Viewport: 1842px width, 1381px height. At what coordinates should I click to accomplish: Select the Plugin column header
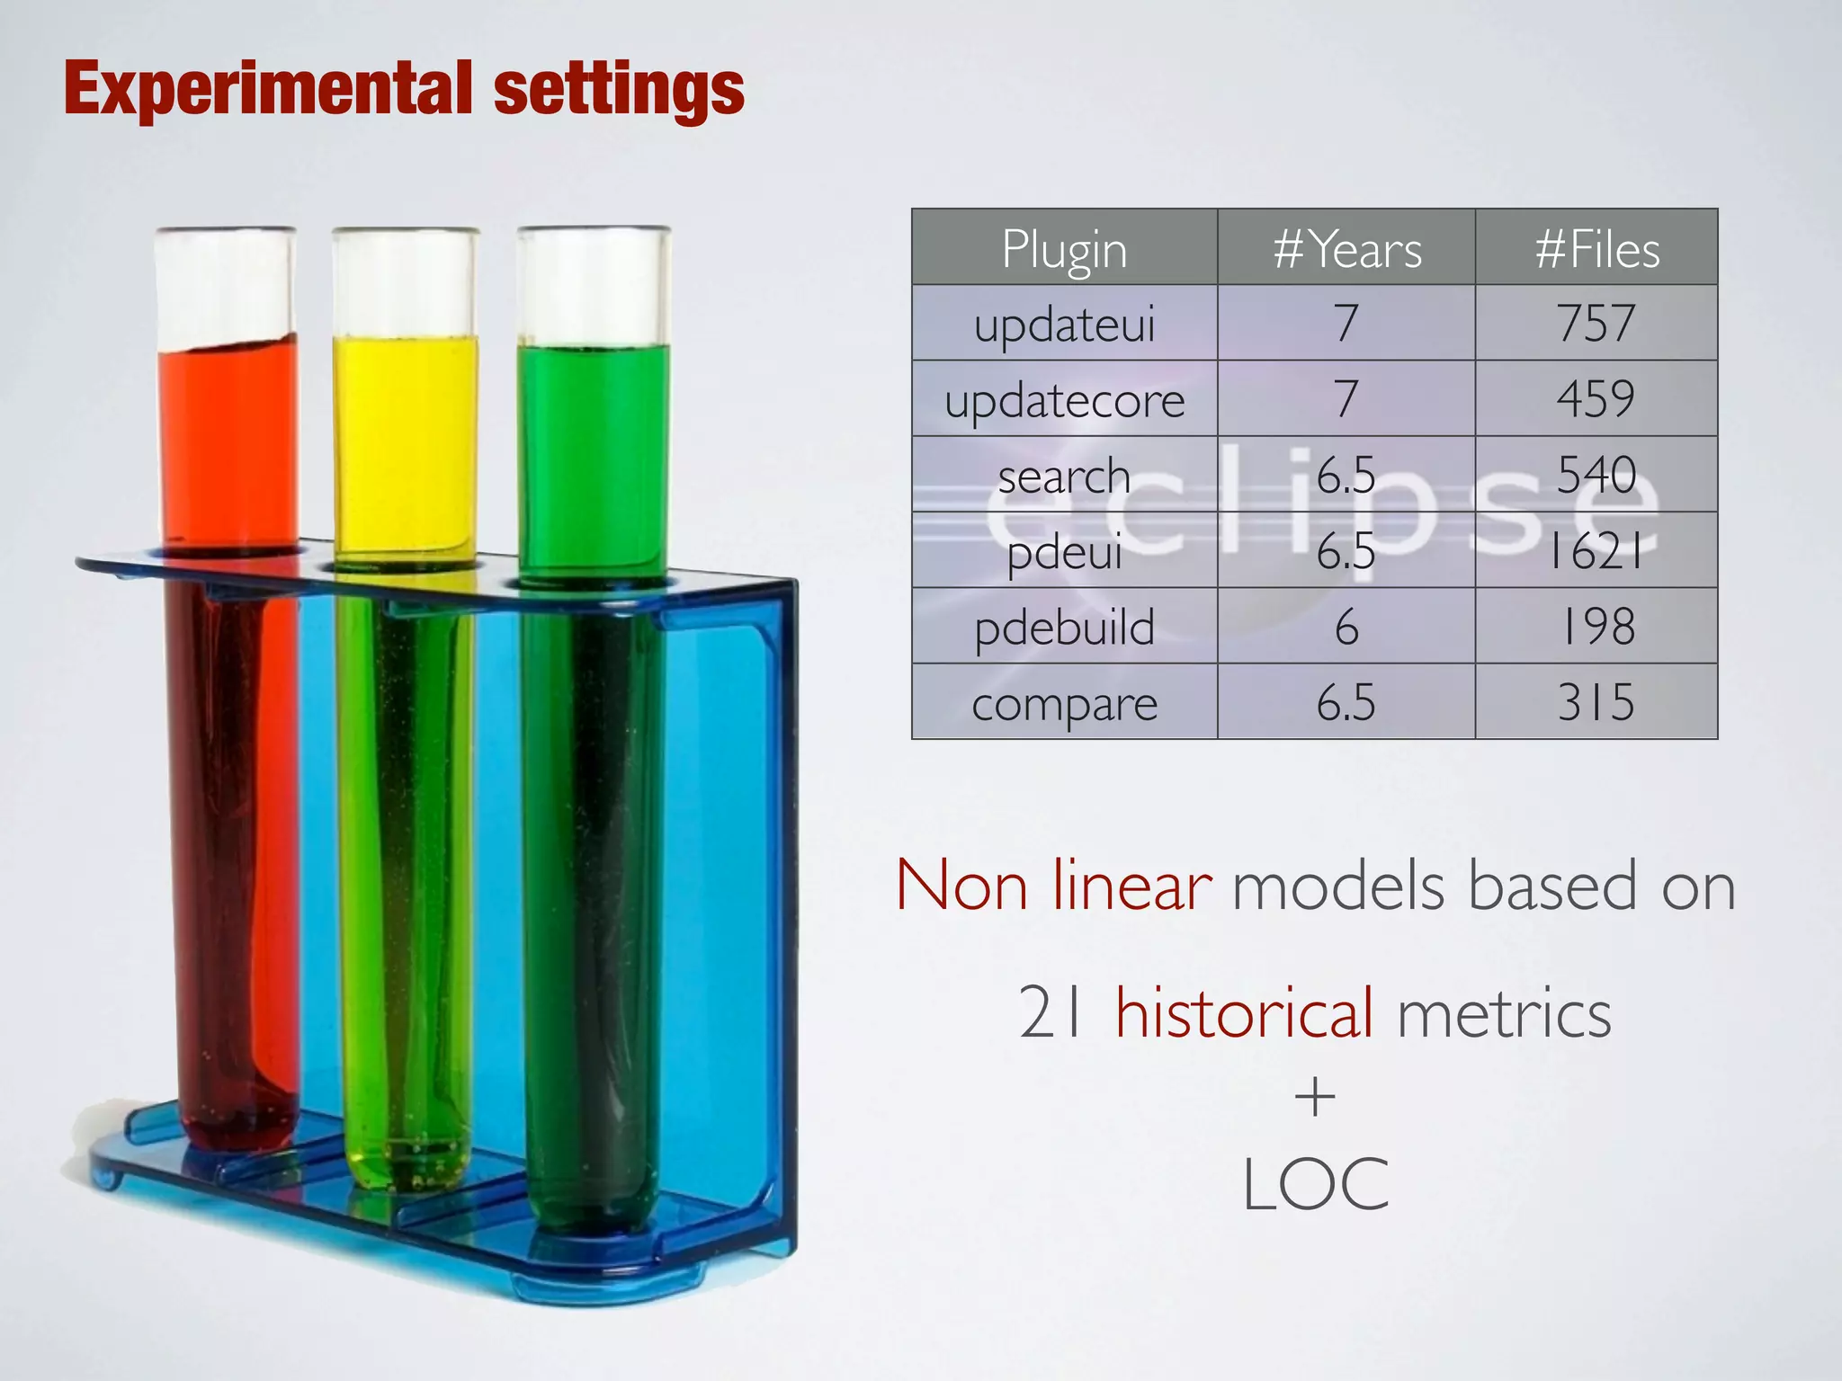coord(1064,249)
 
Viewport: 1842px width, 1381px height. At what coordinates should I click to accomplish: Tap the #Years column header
coord(1346,249)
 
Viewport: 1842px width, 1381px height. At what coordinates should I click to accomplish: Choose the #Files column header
coord(1596,249)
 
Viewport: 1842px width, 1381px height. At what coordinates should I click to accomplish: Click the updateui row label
coord(1064,325)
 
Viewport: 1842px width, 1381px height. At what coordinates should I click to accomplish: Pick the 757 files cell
coord(1596,324)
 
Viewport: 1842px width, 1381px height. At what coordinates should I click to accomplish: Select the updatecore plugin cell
coord(1064,400)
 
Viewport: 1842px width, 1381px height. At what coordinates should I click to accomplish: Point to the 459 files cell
coord(1596,399)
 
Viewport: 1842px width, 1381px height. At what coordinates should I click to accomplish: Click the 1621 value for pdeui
coord(1596,551)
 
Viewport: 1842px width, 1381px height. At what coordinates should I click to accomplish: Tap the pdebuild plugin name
coord(1064,627)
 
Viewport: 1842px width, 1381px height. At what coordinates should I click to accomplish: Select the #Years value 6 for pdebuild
coord(1346,627)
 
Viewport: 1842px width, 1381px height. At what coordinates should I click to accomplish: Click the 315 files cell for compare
coord(1596,702)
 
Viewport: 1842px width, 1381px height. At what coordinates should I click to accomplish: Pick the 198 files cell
coord(1596,627)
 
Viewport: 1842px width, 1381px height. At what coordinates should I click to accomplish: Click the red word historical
coord(1244,1013)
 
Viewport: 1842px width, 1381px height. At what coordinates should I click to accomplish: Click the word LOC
coord(1315,1185)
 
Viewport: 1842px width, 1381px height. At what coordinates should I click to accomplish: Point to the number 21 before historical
coord(1052,1013)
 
